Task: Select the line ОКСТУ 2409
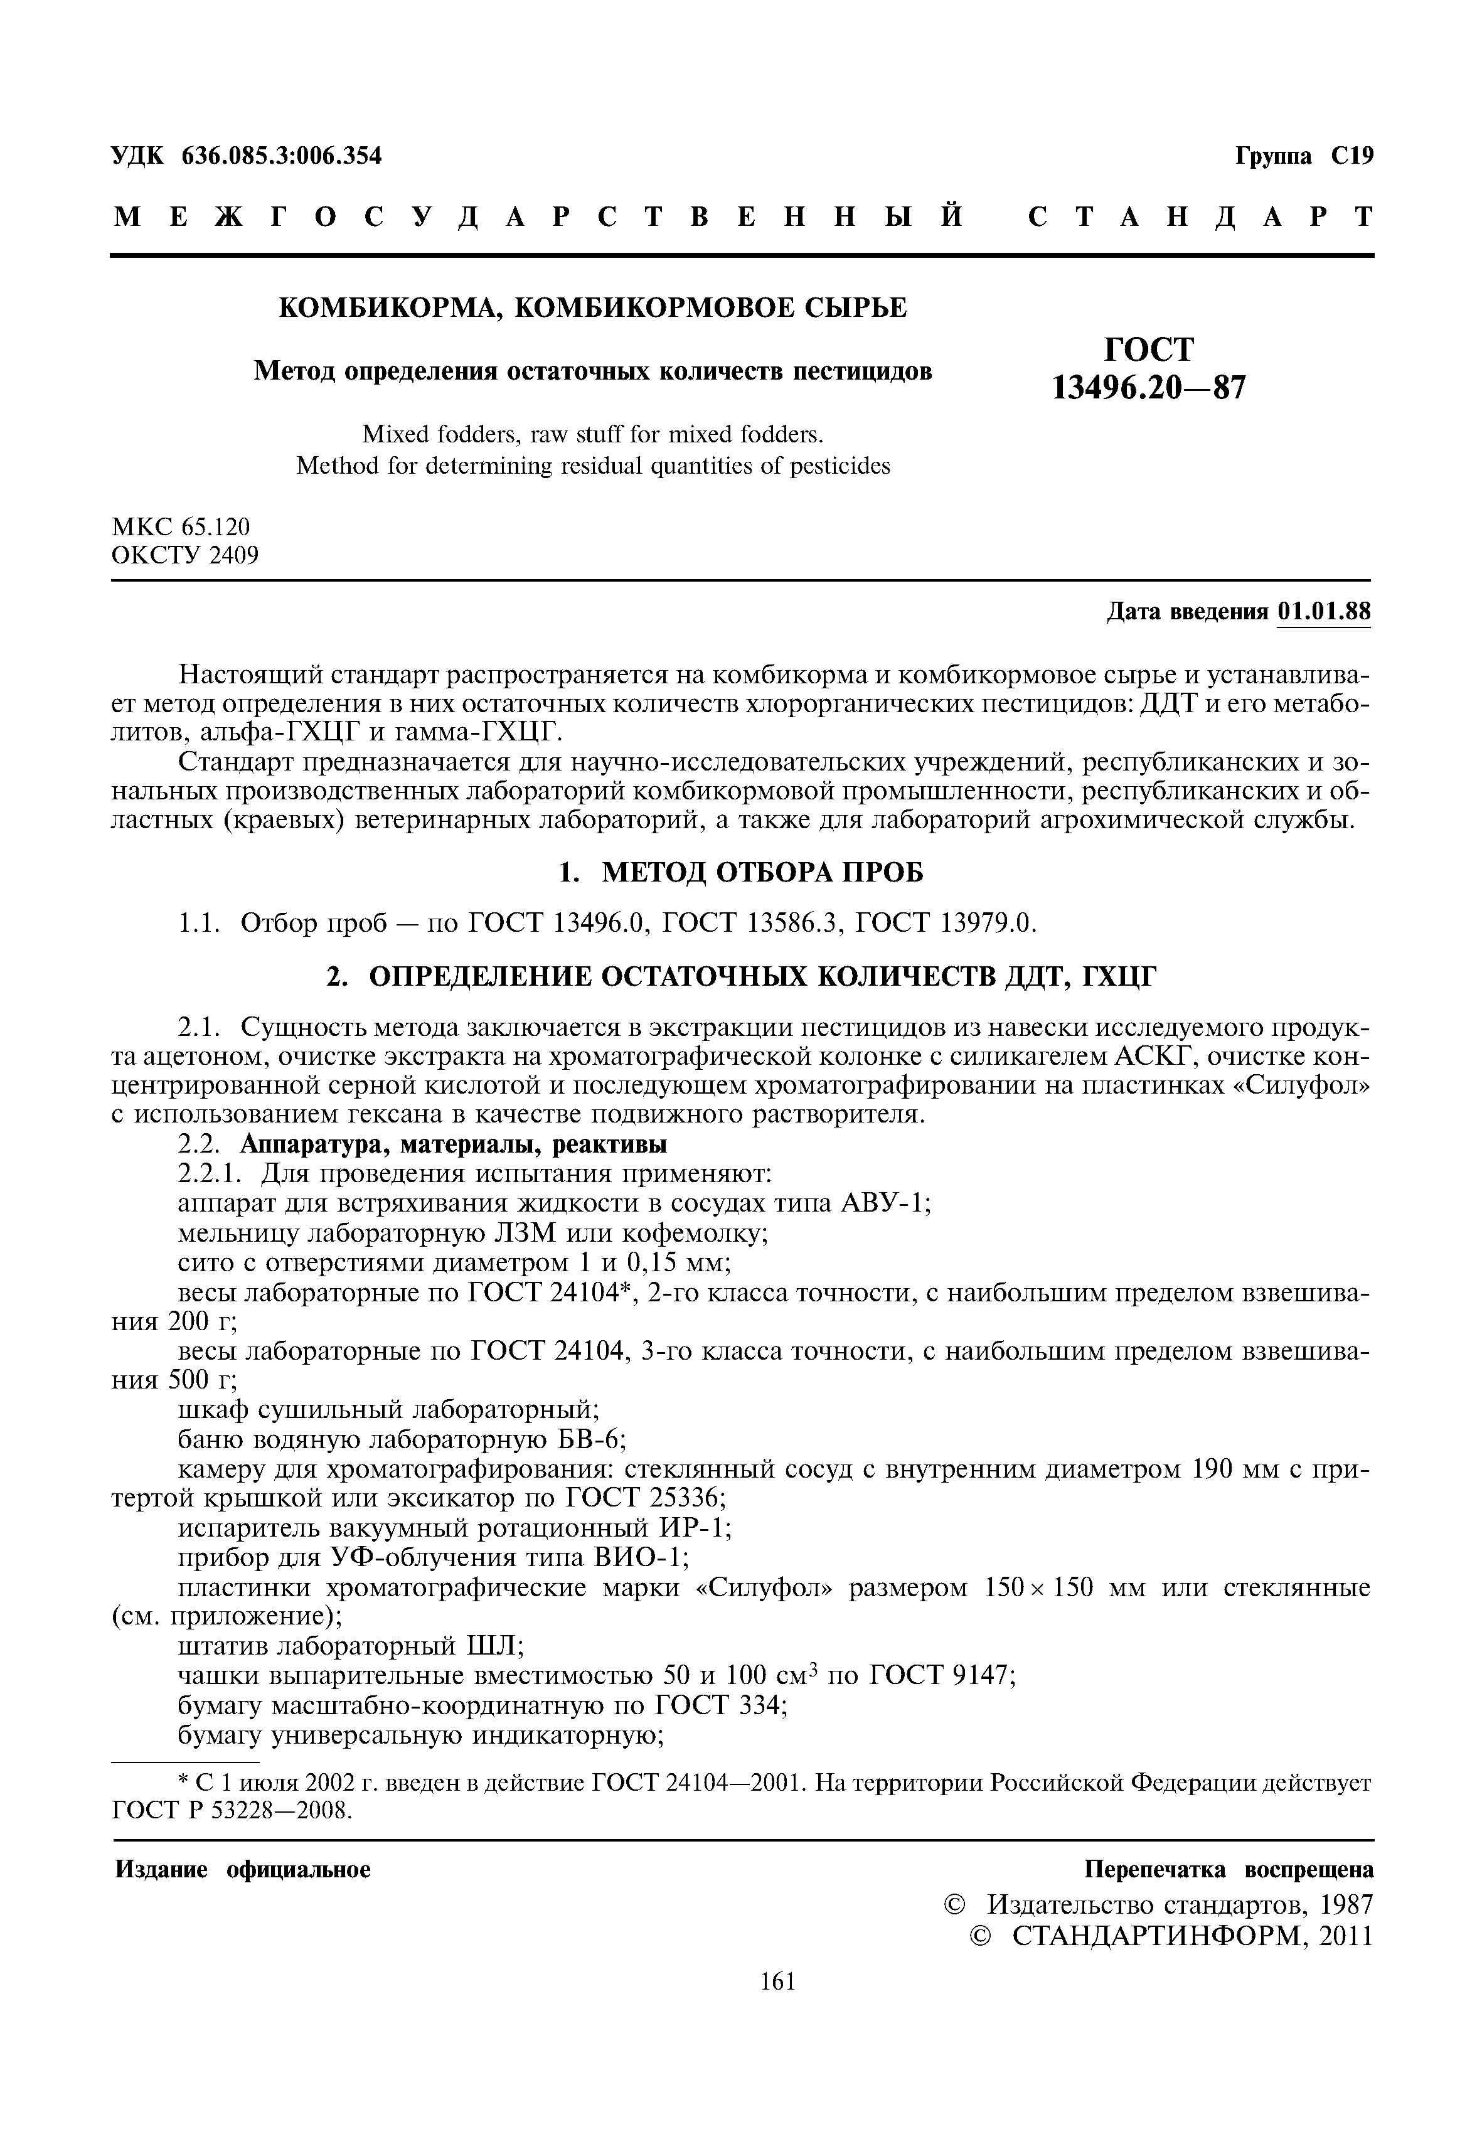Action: point(185,555)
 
